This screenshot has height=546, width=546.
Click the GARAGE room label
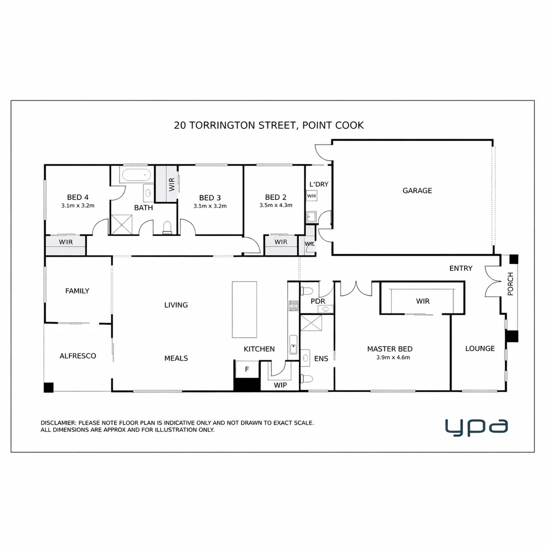[x=417, y=191]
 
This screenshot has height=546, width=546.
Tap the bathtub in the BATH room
[x=135, y=176]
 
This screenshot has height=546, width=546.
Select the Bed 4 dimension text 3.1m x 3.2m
[x=78, y=206]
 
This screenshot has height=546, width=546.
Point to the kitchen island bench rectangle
[x=245, y=309]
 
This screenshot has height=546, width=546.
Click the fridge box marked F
[x=247, y=369]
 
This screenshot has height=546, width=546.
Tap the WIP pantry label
[x=280, y=385]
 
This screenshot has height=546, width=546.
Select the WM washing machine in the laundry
[x=311, y=196]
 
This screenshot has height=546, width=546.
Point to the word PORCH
[x=510, y=284]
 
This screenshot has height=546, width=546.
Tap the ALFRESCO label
[x=78, y=356]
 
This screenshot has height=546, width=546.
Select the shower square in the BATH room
[x=121, y=224]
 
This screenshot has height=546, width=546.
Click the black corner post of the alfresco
[x=49, y=387]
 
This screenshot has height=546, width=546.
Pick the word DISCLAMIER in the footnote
[x=58, y=423]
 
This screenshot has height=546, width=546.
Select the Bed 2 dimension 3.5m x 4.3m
[x=276, y=206]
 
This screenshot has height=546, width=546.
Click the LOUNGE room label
[x=480, y=348]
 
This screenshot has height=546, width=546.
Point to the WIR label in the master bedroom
[x=423, y=301]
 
